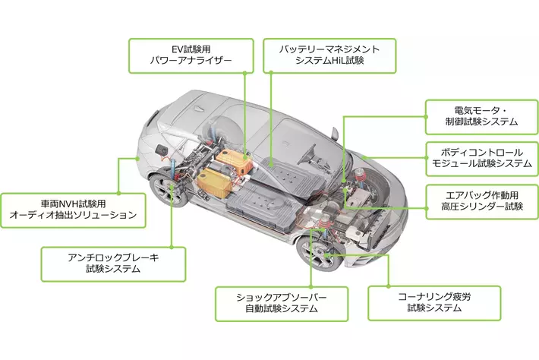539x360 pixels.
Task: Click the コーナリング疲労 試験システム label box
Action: click(x=433, y=302)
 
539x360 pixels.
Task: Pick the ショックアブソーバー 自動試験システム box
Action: click(x=282, y=302)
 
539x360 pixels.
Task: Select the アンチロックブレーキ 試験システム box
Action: click(x=114, y=263)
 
